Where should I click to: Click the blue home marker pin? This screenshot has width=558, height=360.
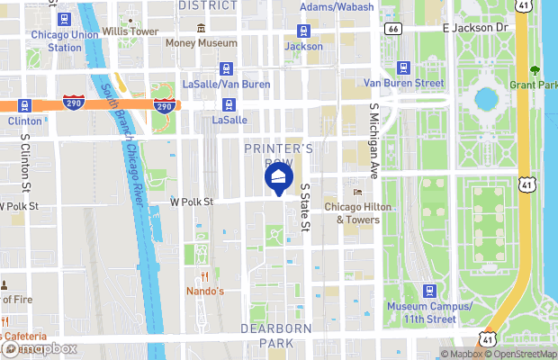(278, 176)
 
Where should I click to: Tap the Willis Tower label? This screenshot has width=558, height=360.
(130, 31)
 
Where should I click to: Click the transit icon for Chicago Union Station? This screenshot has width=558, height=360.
(63, 19)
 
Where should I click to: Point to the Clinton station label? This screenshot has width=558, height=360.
(24, 121)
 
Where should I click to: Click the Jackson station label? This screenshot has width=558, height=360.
(303, 46)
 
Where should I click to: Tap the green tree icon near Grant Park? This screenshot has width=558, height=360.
(535, 70)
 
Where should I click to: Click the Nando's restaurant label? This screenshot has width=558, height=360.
(204, 292)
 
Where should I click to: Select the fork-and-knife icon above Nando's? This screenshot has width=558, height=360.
(204, 276)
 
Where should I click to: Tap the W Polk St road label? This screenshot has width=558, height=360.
(191, 202)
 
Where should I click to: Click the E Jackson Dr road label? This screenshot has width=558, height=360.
(476, 28)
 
